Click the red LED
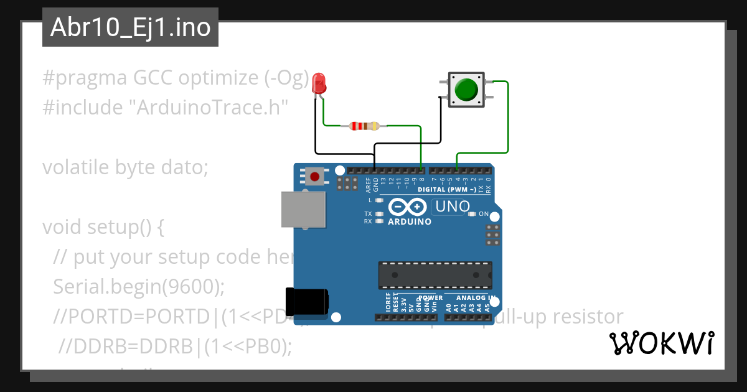pyautogui.click(x=319, y=83)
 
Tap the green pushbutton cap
pyautogui.click(x=466, y=90)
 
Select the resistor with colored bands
pyautogui.click(x=364, y=126)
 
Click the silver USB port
pyautogui.click(x=303, y=208)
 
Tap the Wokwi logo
pyautogui.click(x=661, y=343)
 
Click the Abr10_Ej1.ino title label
pyautogui.click(x=130, y=27)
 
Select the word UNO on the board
pyautogui.click(x=452, y=206)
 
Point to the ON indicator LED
pyautogui.click(x=472, y=214)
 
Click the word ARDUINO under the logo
pyautogui.click(x=410, y=222)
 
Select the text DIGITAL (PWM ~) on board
pyautogui.click(x=447, y=189)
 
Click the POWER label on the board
pyautogui.click(x=430, y=297)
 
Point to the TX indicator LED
pyautogui.click(x=379, y=214)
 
